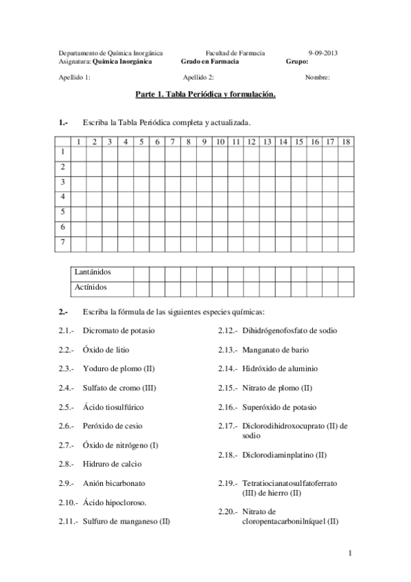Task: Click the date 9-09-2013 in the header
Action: pyautogui.click(x=322, y=53)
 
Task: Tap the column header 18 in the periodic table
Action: pyautogui.click(x=347, y=142)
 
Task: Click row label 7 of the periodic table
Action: pyautogui.click(x=63, y=242)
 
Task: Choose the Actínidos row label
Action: pyautogui.click(x=91, y=288)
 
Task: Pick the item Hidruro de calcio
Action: pyautogui.click(x=110, y=464)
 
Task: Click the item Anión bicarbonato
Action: pyautogui.click(x=113, y=483)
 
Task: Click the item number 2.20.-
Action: pyautogui.click(x=228, y=512)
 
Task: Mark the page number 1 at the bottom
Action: pyautogui.click(x=350, y=553)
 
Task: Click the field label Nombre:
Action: pyautogui.click(x=317, y=78)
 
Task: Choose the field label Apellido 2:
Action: pyautogui.click(x=199, y=78)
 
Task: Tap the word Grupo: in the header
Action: pyautogui.click(x=296, y=61)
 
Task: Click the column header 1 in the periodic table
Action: pyautogui.click(x=78, y=142)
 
